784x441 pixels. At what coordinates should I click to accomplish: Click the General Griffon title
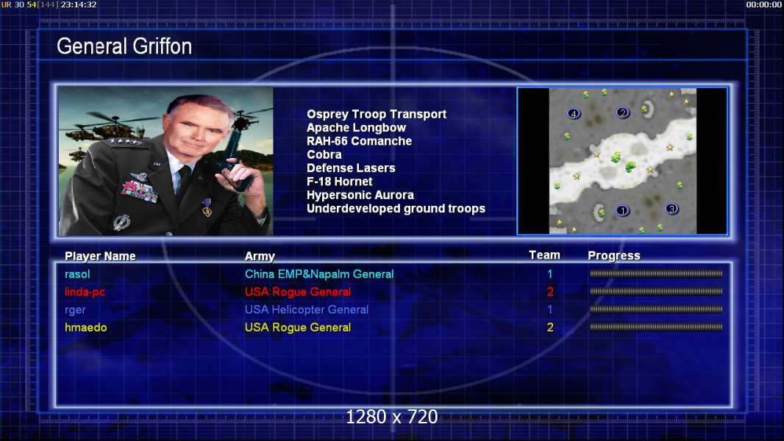(124, 46)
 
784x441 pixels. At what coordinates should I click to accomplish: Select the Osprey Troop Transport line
(377, 115)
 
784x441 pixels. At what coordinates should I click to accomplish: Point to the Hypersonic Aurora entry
(360, 196)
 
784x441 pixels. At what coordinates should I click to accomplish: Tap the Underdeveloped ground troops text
(396, 209)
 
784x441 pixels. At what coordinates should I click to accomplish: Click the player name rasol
(77, 274)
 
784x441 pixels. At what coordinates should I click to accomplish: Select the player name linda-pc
(85, 293)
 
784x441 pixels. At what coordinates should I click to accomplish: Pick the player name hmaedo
(85, 328)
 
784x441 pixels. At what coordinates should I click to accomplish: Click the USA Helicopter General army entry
(307, 309)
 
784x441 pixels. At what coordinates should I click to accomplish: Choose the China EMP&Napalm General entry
(319, 274)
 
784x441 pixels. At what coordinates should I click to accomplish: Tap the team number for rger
(550, 309)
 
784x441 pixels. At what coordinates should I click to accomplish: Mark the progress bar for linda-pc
(656, 291)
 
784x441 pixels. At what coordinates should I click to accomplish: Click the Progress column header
(614, 256)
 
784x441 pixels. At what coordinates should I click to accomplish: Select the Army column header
(260, 257)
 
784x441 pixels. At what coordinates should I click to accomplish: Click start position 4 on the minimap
(574, 114)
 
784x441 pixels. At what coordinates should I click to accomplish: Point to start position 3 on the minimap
(671, 209)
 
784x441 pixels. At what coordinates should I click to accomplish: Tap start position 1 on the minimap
(622, 211)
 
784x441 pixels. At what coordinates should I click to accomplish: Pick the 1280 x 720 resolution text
(392, 417)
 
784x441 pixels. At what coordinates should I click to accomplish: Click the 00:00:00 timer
(763, 4)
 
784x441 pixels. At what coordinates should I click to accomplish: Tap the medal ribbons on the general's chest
(139, 190)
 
